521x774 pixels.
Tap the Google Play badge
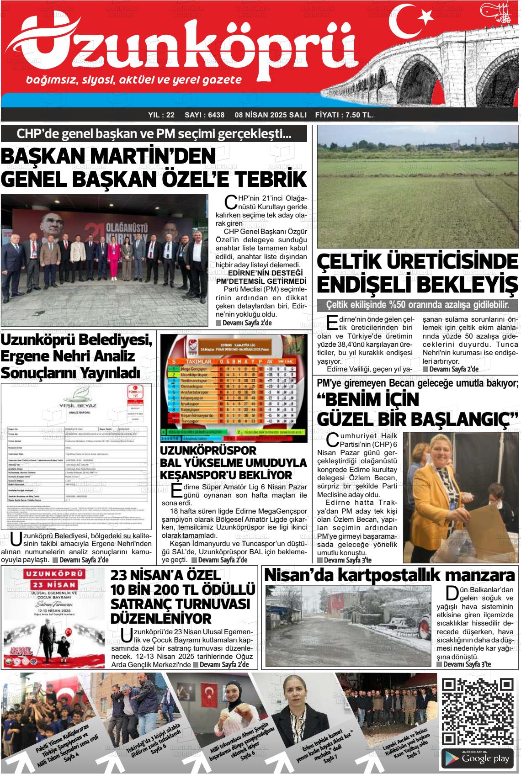[478, 758]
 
